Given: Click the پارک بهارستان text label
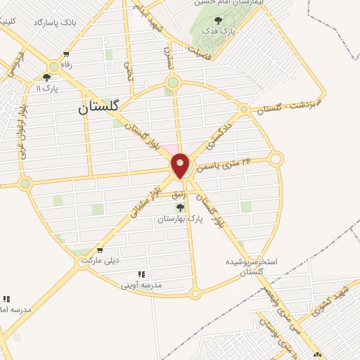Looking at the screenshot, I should click(181, 219).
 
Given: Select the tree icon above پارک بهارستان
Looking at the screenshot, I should click(180, 207).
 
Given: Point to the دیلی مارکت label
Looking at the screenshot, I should click(98, 260).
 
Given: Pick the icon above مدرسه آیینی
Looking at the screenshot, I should click(141, 274).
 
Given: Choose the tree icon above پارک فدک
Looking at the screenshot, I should click(217, 21).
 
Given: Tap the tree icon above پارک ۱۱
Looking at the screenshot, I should click(46, 78).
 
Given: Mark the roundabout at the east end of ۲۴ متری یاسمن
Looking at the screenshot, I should click(276, 159).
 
